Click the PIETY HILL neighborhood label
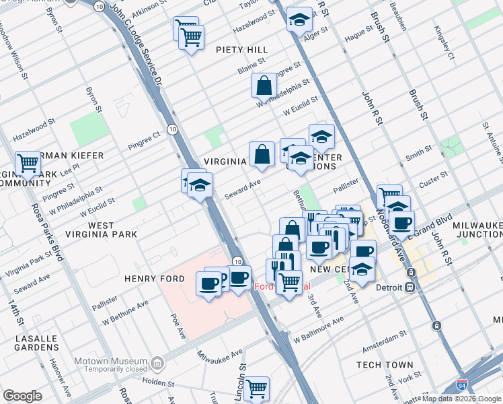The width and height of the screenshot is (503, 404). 242,50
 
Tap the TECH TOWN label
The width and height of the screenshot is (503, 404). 385,365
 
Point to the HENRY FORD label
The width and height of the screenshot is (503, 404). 149,278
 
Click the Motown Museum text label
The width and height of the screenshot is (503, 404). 110,361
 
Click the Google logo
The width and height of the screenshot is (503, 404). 22,396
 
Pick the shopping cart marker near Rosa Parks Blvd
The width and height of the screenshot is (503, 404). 28,162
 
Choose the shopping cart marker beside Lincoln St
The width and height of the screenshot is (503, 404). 256,389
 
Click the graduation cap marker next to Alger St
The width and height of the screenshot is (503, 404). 299,20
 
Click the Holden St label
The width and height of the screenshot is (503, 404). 159,382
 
